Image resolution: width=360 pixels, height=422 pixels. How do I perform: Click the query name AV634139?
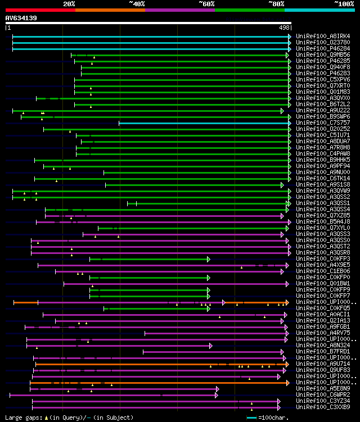pyautogui.click(x=21, y=18)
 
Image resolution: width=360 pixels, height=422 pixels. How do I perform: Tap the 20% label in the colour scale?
pyautogui.click(x=69, y=4)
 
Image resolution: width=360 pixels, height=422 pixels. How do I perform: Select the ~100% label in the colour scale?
pyautogui.click(x=344, y=4)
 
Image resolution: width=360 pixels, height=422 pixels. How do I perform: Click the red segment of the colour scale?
pyautogui.click(x=40, y=10)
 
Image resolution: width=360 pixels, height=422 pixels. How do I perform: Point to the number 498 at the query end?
pyautogui.click(x=283, y=27)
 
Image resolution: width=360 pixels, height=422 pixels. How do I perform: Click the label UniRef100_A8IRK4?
pyautogui.click(x=323, y=36)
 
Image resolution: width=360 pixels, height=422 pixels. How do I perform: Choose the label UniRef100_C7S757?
pyautogui.click(x=323, y=122)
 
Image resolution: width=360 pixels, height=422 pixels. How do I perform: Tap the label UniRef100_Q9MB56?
pyautogui.click(x=323, y=55)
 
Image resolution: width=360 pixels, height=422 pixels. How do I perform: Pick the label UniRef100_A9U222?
pyautogui.click(x=323, y=110)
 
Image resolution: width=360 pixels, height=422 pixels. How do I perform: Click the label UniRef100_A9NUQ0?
pyautogui.click(x=323, y=172)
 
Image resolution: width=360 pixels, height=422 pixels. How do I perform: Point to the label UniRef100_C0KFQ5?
pyautogui.click(x=323, y=308)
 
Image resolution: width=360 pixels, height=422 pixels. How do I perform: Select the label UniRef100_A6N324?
pyautogui.click(x=323, y=345)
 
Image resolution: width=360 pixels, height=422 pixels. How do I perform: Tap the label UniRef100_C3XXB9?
pyautogui.click(x=323, y=407)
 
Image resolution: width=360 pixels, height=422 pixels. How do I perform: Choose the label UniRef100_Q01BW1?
pyautogui.click(x=323, y=283)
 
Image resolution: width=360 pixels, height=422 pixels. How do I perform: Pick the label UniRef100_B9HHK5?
pyautogui.click(x=323, y=160)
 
